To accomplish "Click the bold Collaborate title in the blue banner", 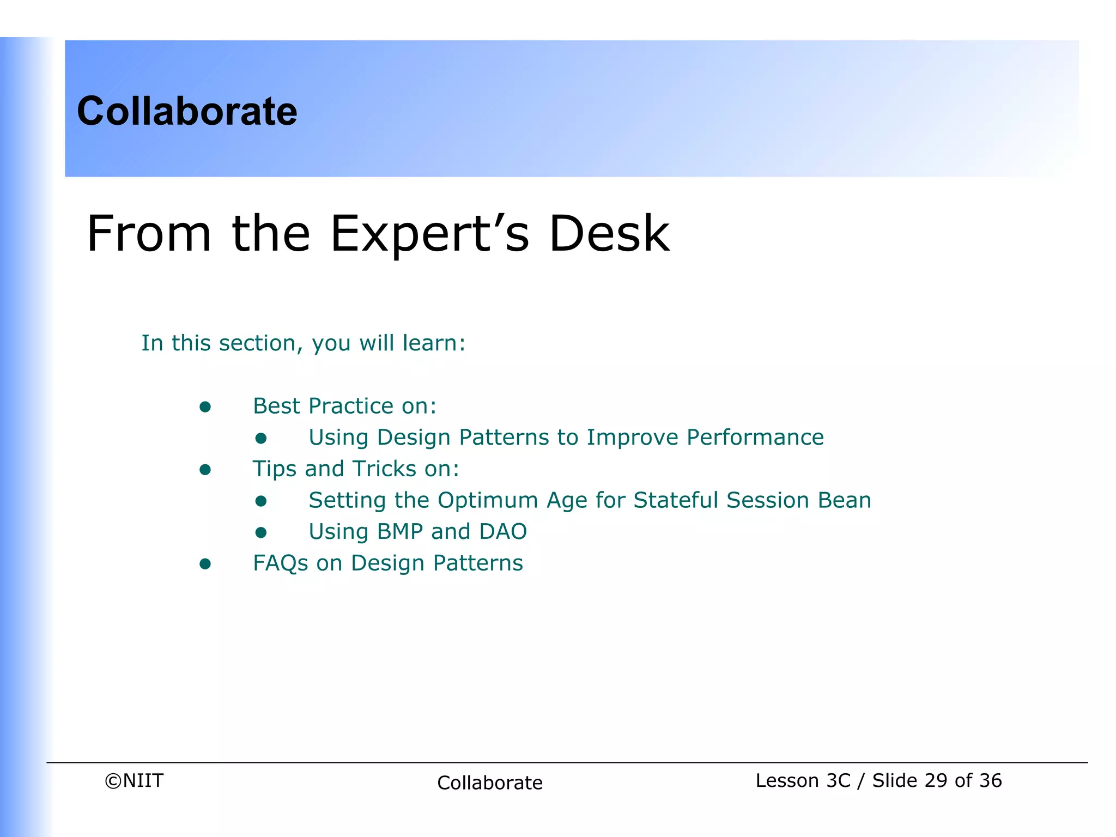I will tap(187, 111).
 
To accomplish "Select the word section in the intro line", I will tap(257, 343).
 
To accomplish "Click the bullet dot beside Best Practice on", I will tap(205, 407).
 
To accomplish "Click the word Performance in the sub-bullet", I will tap(755, 438).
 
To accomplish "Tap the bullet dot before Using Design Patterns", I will tap(261, 438).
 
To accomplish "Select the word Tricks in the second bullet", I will tap(384, 469).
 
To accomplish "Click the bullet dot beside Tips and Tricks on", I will tap(205, 470).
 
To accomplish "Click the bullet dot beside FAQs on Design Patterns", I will tap(205, 564).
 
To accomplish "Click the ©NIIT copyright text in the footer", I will tap(134, 781).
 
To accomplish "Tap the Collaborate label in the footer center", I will tap(489, 783).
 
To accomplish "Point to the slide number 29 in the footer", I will tap(936, 781).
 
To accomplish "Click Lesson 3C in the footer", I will tap(802, 781).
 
